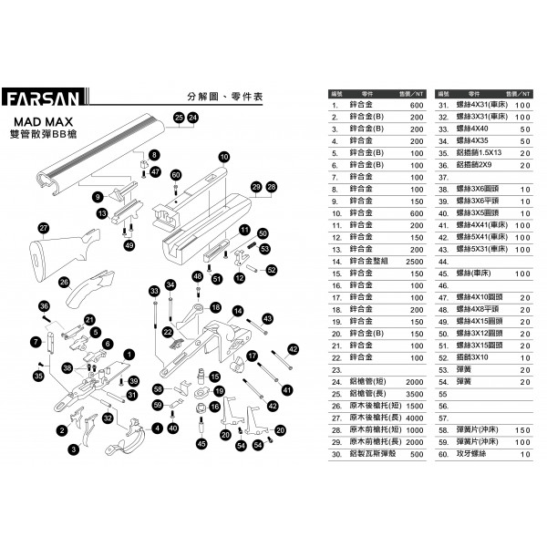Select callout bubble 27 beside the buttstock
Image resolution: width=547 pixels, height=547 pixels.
pos(43,228)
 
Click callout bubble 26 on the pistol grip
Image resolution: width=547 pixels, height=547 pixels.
pos(64,284)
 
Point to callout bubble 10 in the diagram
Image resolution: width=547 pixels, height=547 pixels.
pos(223,158)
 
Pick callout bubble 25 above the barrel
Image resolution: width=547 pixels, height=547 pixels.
pos(179,118)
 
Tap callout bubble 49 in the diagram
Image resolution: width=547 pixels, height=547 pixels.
pos(129,245)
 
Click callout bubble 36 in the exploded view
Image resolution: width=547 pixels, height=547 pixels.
pos(43,305)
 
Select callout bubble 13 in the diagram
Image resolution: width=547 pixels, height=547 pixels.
pos(102,212)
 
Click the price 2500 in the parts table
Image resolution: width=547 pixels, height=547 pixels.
pos(414,262)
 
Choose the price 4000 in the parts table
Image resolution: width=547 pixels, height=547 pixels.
pos(414,418)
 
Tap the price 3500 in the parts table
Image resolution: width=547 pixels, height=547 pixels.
pos(414,393)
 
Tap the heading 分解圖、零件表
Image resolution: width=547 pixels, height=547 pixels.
pos(223,96)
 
